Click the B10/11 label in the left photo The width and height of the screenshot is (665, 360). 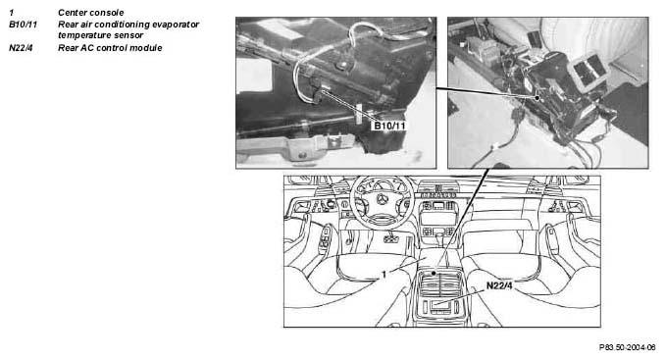[x=389, y=126]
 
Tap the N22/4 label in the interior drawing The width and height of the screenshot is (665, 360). [x=499, y=285]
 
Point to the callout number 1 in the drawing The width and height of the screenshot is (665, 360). [x=384, y=275]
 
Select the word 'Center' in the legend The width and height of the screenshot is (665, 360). [x=73, y=13]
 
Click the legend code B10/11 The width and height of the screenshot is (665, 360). [x=23, y=25]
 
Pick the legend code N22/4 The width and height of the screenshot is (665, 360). [x=21, y=48]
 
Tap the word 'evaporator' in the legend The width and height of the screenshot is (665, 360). [x=176, y=25]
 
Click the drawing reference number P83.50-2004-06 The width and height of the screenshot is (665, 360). [x=628, y=347]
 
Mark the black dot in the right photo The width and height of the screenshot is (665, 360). [x=537, y=98]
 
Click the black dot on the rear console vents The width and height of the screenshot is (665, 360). [x=434, y=274]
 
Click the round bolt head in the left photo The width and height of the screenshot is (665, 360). [x=341, y=66]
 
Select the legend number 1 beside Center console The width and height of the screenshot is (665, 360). [x=12, y=13]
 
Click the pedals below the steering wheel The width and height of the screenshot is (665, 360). [x=390, y=238]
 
